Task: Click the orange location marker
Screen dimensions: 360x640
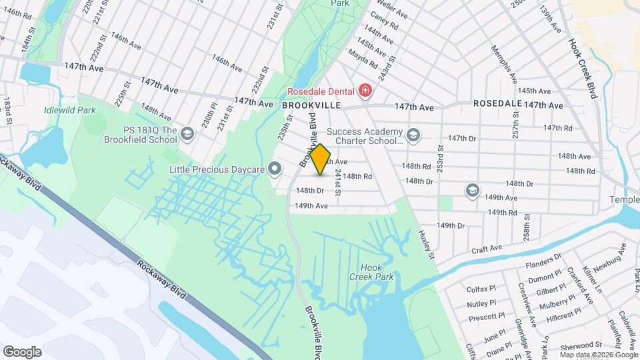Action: [321, 159]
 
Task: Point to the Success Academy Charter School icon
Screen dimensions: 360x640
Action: [413, 135]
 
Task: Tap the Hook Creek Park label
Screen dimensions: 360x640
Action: [373, 271]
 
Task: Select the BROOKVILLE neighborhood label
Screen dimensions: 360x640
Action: [311, 105]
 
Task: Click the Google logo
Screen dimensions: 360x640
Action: [22, 351]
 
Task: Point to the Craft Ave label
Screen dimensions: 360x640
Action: [486, 249]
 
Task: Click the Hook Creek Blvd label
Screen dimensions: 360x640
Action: [581, 67]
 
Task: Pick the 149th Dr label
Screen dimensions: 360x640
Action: [451, 225]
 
